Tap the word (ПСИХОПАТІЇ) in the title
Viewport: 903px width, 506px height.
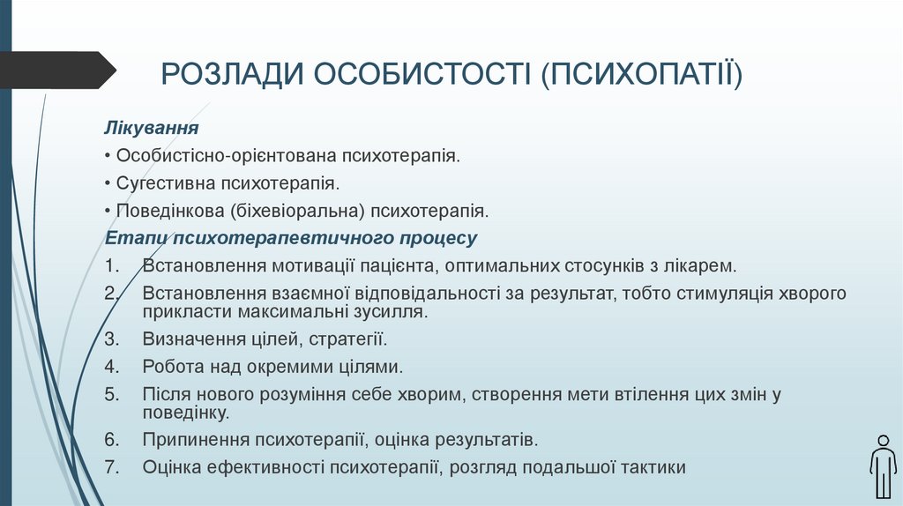point(641,74)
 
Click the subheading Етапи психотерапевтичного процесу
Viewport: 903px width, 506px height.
point(291,238)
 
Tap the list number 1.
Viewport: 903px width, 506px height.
point(109,265)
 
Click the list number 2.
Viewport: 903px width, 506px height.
point(110,293)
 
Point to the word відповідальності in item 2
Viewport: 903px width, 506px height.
point(436,293)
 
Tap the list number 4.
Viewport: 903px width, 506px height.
point(110,367)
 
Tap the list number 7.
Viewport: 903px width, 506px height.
point(110,466)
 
